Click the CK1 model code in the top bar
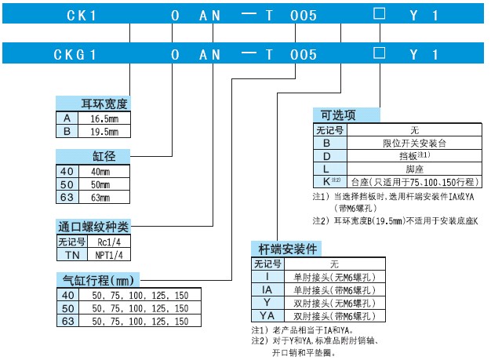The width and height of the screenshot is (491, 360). [x=81, y=16]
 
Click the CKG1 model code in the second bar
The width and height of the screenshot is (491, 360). [x=75, y=55]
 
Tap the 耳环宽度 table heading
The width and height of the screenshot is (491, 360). [x=104, y=104]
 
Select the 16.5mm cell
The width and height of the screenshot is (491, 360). [x=104, y=118]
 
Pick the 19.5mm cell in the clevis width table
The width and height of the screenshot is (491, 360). [x=104, y=132]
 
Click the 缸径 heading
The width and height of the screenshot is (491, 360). [x=104, y=156]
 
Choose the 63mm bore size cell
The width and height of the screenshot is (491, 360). [x=100, y=198]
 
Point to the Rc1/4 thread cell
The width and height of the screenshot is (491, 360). [x=109, y=242]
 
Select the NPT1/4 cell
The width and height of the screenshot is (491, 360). [x=109, y=255]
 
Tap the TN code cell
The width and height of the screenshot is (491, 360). [x=72, y=255]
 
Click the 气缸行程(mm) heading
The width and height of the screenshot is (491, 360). [x=98, y=280]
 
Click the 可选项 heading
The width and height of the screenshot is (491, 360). [x=338, y=115]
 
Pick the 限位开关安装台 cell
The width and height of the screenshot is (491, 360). [x=414, y=144]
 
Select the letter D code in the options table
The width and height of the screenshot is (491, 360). [x=326, y=156]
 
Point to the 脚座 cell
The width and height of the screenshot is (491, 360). [x=414, y=169]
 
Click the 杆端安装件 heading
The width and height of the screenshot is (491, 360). [x=287, y=249]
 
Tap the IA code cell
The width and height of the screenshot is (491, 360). [x=267, y=290]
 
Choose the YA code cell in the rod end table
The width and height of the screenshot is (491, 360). [x=267, y=315]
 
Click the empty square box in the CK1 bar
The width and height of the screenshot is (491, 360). [x=379, y=14]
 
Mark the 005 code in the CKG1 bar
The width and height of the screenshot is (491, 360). [x=303, y=55]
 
